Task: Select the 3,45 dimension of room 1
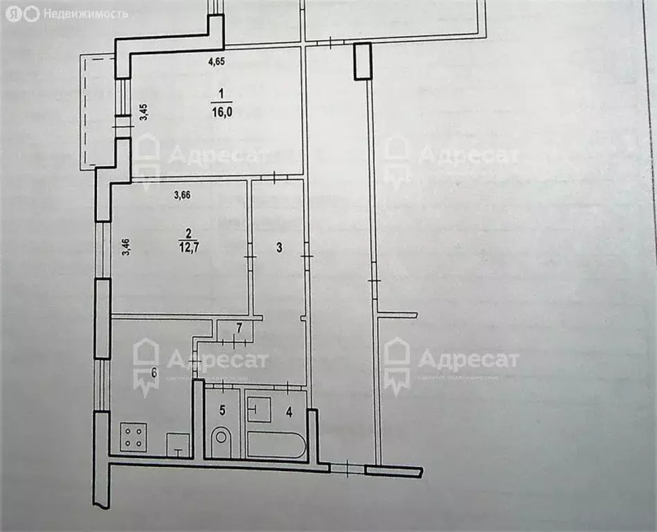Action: coord(144,112)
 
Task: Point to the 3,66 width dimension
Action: coord(182,195)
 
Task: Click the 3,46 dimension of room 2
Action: coord(125,247)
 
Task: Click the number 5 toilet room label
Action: coord(222,410)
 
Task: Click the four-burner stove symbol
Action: coord(134,437)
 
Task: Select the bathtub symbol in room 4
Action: coord(276,445)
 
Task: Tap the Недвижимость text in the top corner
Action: coord(86,13)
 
